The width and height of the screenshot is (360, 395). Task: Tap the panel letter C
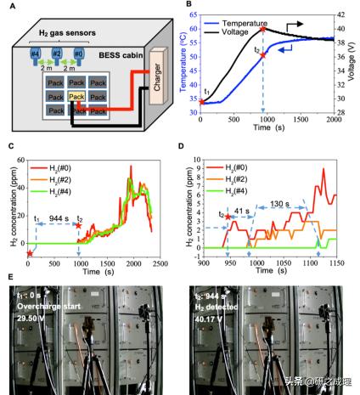pyautogui.click(x=10, y=146)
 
